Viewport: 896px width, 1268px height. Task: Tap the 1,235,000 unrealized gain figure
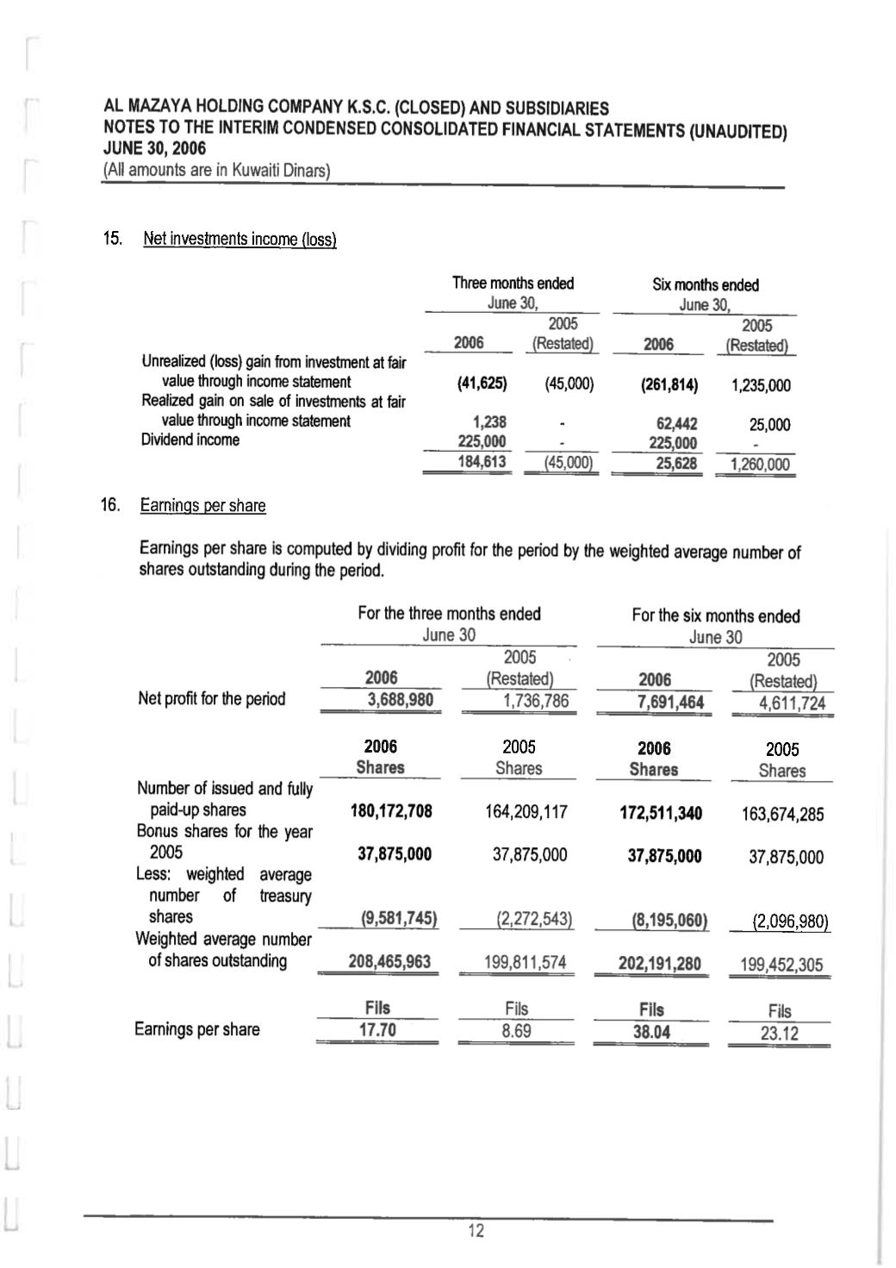pos(761,385)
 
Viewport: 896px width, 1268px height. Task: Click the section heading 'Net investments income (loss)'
pos(240,239)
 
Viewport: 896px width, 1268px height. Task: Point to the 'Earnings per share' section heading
pos(202,505)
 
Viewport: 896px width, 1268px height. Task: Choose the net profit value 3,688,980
pos(400,700)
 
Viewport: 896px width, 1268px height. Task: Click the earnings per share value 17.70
pos(377,1030)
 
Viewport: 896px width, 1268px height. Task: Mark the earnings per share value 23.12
pos(779,1033)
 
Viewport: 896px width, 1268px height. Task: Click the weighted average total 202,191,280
pos(659,963)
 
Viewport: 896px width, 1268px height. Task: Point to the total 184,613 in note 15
pos(482,462)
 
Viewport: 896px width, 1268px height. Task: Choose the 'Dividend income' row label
pos(190,440)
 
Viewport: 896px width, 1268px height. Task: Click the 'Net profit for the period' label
pos(211,698)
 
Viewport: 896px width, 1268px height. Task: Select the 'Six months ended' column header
pos(705,284)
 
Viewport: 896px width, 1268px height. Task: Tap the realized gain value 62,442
pos(676,423)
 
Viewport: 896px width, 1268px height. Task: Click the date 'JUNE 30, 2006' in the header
pos(154,149)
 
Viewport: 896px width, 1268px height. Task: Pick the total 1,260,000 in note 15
pos(759,465)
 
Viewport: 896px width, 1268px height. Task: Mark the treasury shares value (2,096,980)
pos(790,921)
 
